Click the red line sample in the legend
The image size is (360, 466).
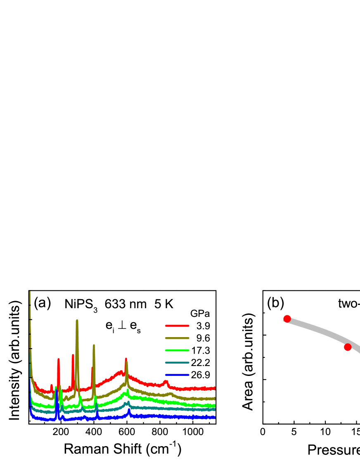click(177, 326)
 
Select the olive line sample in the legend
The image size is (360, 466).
click(177, 338)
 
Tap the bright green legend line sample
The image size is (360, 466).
click(177, 350)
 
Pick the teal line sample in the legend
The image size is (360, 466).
click(177, 363)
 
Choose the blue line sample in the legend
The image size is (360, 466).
click(177, 375)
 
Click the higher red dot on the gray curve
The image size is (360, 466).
click(287, 319)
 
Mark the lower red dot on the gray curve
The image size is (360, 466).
click(348, 347)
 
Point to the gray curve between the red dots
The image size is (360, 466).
click(318, 330)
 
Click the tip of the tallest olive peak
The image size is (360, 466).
click(77, 321)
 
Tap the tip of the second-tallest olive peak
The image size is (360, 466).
click(94, 345)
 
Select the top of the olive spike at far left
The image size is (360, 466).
click(30, 292)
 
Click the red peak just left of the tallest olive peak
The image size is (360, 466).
click(73, 355)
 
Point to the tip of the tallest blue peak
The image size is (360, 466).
click(57, 390)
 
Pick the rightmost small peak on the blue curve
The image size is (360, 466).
click(129, 410)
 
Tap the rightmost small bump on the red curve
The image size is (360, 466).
click(166, 381)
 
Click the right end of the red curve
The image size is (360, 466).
click(215, 388)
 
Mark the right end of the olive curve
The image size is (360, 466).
click(215, 399)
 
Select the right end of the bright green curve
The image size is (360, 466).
click(215, 406)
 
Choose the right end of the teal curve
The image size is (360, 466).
click(215, 409)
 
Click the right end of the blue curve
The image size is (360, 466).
click(215, 417)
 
